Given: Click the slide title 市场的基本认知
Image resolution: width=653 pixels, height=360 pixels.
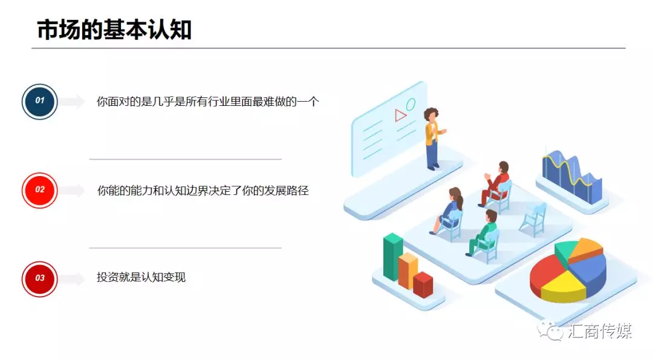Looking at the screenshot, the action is (x=114, y=30).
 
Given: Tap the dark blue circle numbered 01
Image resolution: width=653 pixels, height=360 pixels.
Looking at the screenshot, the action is (x=39, y=101).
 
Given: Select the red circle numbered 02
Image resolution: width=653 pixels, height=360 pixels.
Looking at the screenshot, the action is (x=39, y=190).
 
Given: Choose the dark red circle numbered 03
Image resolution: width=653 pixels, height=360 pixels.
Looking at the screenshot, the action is (x=39, y=279).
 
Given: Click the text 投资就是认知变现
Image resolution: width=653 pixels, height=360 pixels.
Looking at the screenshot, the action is (x=141, y=277).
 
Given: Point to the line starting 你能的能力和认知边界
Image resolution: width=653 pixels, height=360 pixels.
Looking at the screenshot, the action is (x=203, y=191).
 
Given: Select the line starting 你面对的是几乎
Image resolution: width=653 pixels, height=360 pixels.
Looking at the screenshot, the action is (x=208, y=101).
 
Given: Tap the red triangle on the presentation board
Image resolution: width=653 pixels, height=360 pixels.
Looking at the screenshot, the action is (x=400, y=115).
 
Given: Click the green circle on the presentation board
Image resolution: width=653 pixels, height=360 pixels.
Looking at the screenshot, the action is (x=411, y=104).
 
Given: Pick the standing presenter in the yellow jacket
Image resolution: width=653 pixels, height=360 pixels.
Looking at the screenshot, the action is (x=434, y=139).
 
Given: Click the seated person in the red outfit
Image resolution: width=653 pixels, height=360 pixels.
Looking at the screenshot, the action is (x=496, y=183).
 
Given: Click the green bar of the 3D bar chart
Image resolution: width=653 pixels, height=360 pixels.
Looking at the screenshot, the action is (x=392, y=257).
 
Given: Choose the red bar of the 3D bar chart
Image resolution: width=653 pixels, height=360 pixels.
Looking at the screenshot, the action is (x=423, y=285).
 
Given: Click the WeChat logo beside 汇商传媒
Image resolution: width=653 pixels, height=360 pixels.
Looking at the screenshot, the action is (x=550, y=330).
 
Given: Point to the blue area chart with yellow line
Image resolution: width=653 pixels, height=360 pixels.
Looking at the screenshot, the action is (x=572, y=176).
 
